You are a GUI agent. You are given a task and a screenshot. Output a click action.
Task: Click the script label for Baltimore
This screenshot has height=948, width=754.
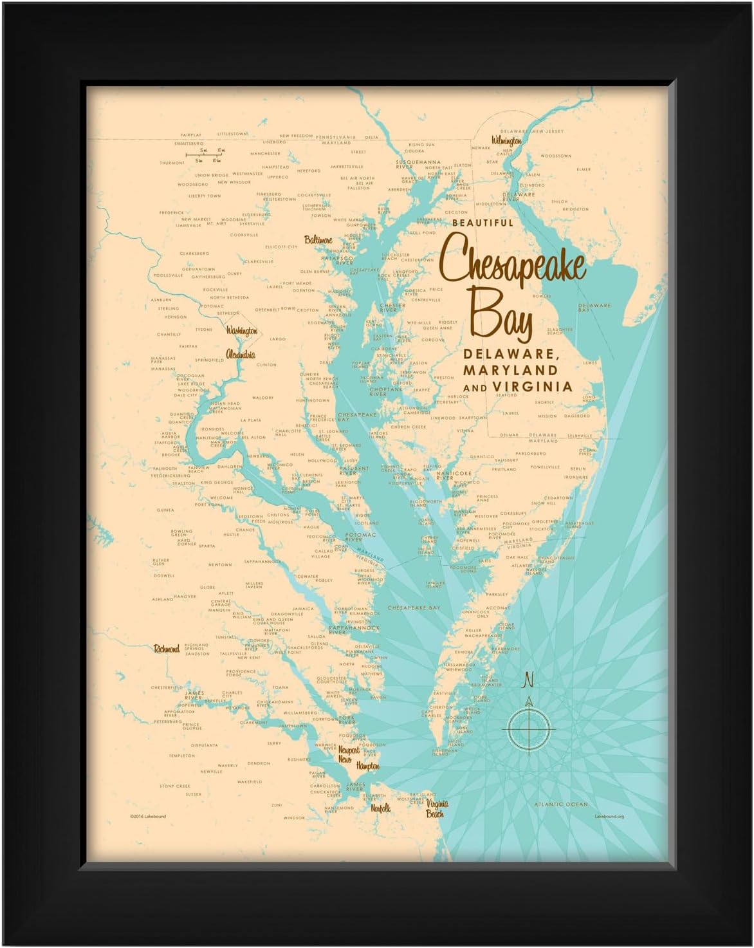tap(318, 240)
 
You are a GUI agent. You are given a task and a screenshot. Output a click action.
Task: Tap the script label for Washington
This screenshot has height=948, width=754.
tap(241, 330)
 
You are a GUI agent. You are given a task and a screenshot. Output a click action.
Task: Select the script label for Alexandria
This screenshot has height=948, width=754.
tap(240, 354)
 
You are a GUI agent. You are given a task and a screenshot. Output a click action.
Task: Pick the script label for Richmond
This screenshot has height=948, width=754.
tap(166, 649)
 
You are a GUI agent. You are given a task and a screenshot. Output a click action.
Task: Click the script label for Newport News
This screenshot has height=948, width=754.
tap(346, 754)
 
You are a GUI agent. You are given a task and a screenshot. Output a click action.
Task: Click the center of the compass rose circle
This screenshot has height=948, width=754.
tap(529, 727)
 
